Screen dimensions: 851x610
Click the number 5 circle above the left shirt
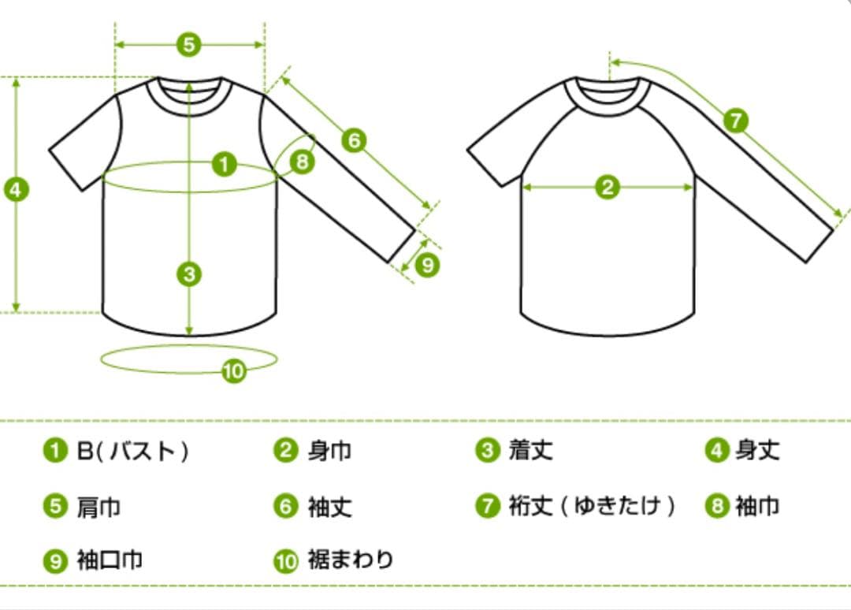[x=189, y=44]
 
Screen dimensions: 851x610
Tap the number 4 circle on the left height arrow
[x=17, y=190]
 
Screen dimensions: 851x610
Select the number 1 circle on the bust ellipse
[x=224, y=164]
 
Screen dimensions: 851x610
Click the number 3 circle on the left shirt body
[x=189, y=274]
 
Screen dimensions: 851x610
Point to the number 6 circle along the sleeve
[x=354, y=140]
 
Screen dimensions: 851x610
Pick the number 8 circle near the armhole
[x=303, y=162]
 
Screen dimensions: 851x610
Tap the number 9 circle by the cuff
[x=427, y=265]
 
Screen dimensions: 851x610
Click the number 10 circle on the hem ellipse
[x=234, y=371]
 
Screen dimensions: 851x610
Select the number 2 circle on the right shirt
[x=608, y=188]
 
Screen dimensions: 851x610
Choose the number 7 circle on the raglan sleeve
[x=736, y=121]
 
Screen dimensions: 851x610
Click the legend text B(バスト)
[x=133, y=451]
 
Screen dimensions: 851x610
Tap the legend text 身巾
[x=329, y=451]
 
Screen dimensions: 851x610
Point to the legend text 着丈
[x=531, y=450]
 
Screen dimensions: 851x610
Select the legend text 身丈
[x=758, y=450]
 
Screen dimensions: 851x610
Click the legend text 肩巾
[x=98, y=508]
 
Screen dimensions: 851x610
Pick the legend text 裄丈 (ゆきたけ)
[x=592, y=506]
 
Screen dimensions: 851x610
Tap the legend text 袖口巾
[x=110, y=560]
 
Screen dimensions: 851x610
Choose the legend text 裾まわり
[x=351, y=560]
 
